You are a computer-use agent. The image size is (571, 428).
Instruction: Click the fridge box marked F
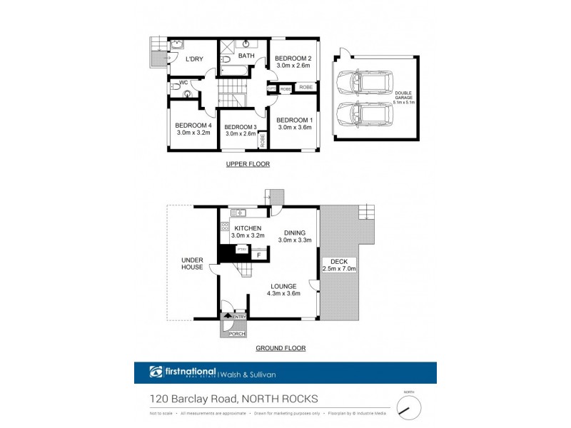coord(258,253)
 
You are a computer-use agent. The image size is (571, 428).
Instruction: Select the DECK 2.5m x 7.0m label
coord(339,265)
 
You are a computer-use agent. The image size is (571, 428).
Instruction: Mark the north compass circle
coord(409,407)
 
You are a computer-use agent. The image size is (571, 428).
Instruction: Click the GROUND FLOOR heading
coord(280,348)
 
